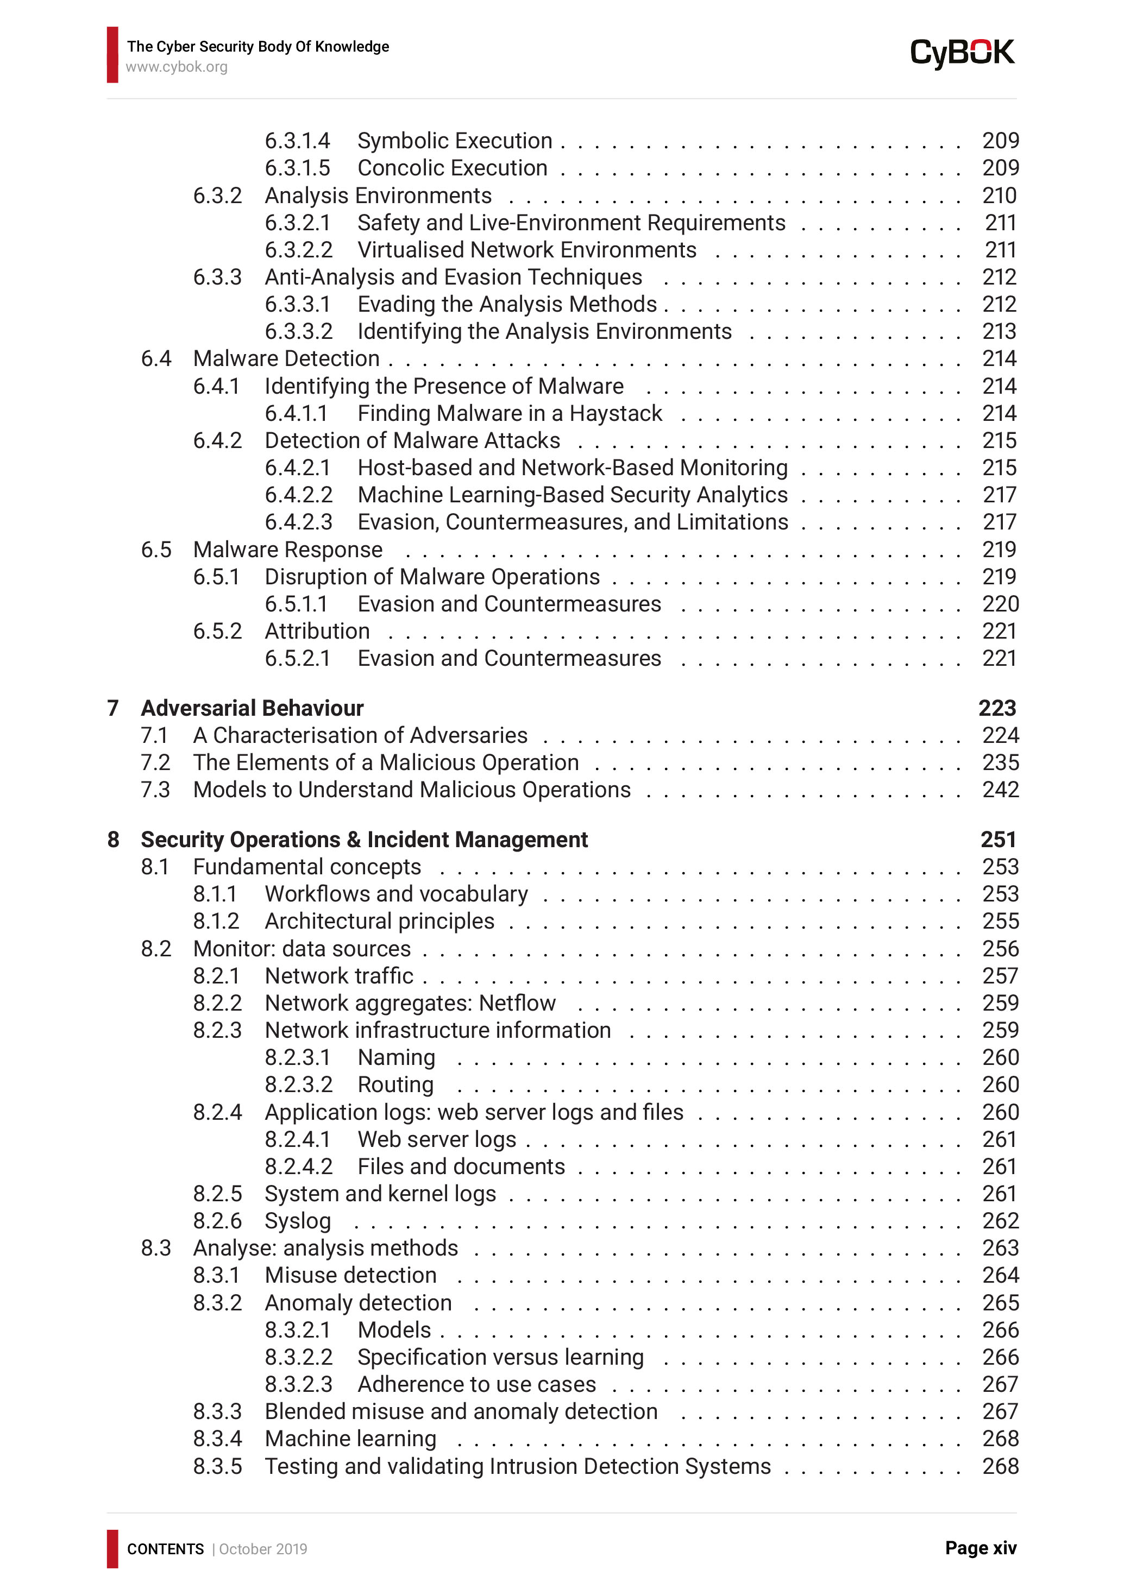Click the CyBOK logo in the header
[962, 53]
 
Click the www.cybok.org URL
[177, 67]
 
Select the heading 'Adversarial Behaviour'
[252, 708]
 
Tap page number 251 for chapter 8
[997, 840]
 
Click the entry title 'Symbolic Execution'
[454, 141]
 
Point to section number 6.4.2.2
[298, 495]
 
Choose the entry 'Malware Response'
[287, 550]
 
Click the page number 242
[1000, 790]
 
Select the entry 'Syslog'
[298, 1221]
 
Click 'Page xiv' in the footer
[980, 1548]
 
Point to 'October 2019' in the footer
[263, 1549]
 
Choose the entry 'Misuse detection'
[350, 1276]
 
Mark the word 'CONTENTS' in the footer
[165, 1549]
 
